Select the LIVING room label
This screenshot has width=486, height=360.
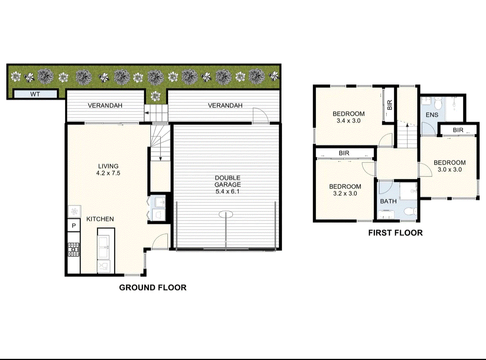pos(108,166)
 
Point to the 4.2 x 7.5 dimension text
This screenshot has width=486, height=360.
pos(108,173)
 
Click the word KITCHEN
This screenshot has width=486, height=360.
pos(100,219)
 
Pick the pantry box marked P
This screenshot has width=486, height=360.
pos(74,226)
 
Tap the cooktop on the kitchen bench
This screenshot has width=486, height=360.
pos(73,248)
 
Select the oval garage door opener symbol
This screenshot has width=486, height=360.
pos(226,214)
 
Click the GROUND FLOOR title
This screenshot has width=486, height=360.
pos(153,287)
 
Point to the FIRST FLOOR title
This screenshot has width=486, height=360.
pos(395,233)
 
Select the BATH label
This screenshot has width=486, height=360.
pos(388,201)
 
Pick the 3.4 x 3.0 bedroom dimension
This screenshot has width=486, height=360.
pos(348,121)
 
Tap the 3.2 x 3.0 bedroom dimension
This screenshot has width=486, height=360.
pos(345,193)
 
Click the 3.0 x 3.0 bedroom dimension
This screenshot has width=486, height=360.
pos(449,169)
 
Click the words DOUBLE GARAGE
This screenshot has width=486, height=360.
pos(227,181)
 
